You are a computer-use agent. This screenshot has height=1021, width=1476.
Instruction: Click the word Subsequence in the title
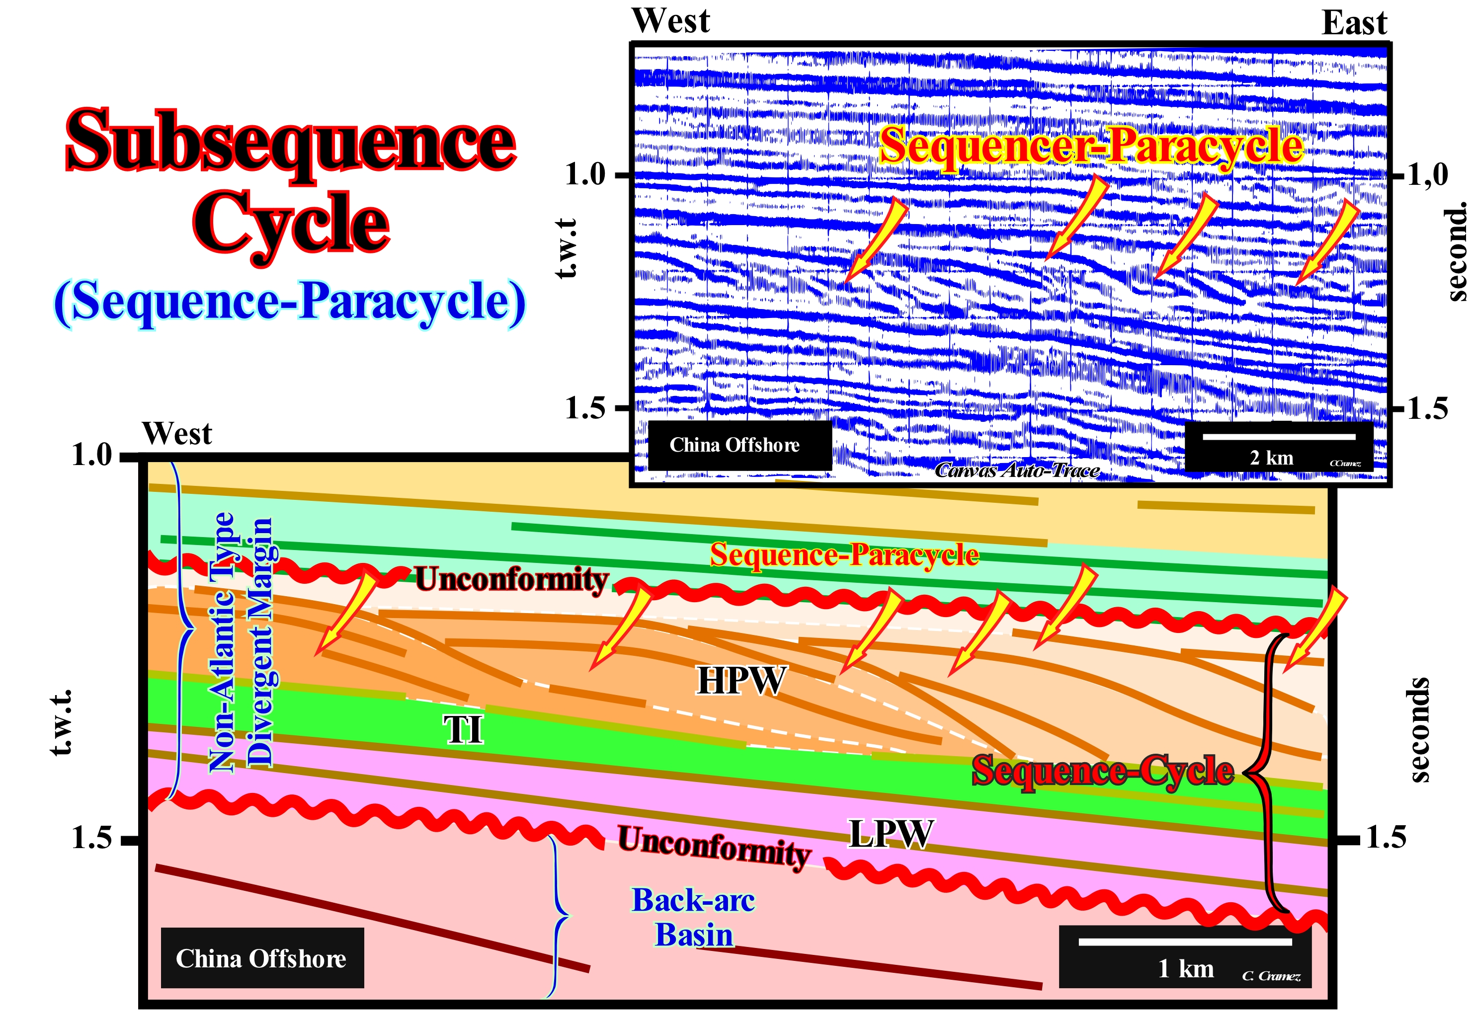point(291,141)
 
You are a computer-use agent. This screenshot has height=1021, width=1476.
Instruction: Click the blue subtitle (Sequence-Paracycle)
point(290,302)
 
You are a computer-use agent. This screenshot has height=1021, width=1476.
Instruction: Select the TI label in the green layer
point(463,729)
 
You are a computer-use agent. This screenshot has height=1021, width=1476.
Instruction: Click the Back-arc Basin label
point(694,917)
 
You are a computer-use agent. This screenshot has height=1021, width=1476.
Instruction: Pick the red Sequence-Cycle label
point(1102,770)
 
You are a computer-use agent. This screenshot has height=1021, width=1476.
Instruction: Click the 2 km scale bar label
point(1271,458)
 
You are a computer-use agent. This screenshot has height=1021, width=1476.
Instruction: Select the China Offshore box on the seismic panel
point(735,445)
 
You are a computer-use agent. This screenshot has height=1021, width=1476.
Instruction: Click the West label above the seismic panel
point(670,20)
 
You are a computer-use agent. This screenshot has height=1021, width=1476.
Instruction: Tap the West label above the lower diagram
point(176,434)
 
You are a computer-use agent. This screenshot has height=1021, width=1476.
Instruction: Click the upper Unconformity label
point(512,580)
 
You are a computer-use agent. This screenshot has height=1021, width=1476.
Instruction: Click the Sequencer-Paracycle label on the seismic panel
point(1091,146)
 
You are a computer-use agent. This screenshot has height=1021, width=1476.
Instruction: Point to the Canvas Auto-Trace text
point(1017,471)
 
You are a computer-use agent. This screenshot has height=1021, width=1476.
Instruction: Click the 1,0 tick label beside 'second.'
point(1427,175)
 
